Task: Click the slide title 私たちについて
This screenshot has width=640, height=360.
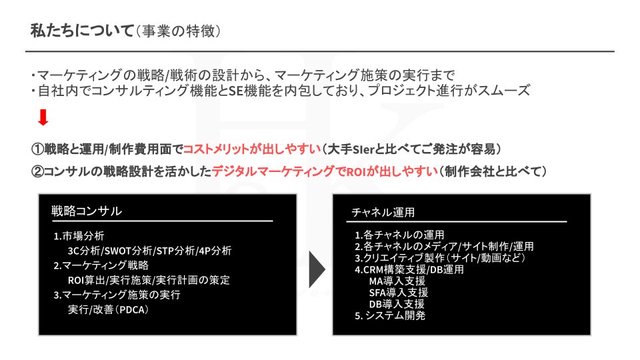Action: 81,31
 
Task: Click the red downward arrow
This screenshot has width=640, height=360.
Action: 43,118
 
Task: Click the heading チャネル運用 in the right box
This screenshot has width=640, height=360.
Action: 383,212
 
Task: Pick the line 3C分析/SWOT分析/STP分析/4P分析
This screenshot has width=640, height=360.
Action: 149,251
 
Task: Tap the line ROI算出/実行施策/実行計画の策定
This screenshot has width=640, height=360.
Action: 149,280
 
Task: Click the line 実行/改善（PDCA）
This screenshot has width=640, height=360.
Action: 107,309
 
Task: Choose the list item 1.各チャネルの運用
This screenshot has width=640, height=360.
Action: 399,235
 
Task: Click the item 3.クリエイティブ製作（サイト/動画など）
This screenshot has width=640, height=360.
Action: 441,257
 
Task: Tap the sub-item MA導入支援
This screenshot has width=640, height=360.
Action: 397,281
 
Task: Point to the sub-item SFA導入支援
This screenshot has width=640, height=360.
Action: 398,292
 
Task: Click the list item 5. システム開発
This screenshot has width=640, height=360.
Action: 390,315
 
